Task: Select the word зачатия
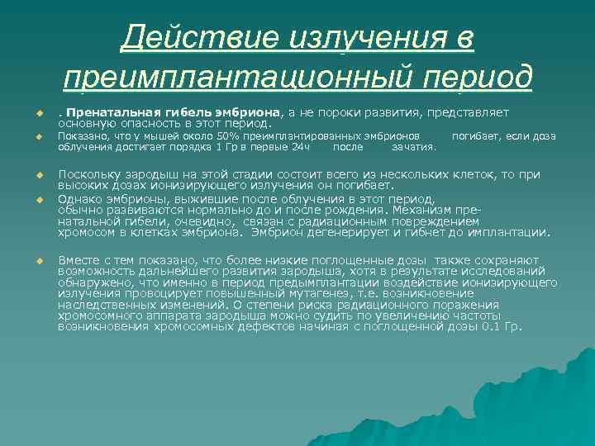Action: (414, 147)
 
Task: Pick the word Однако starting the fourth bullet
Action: (80, 199)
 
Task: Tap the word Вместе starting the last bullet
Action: (79, 260)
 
